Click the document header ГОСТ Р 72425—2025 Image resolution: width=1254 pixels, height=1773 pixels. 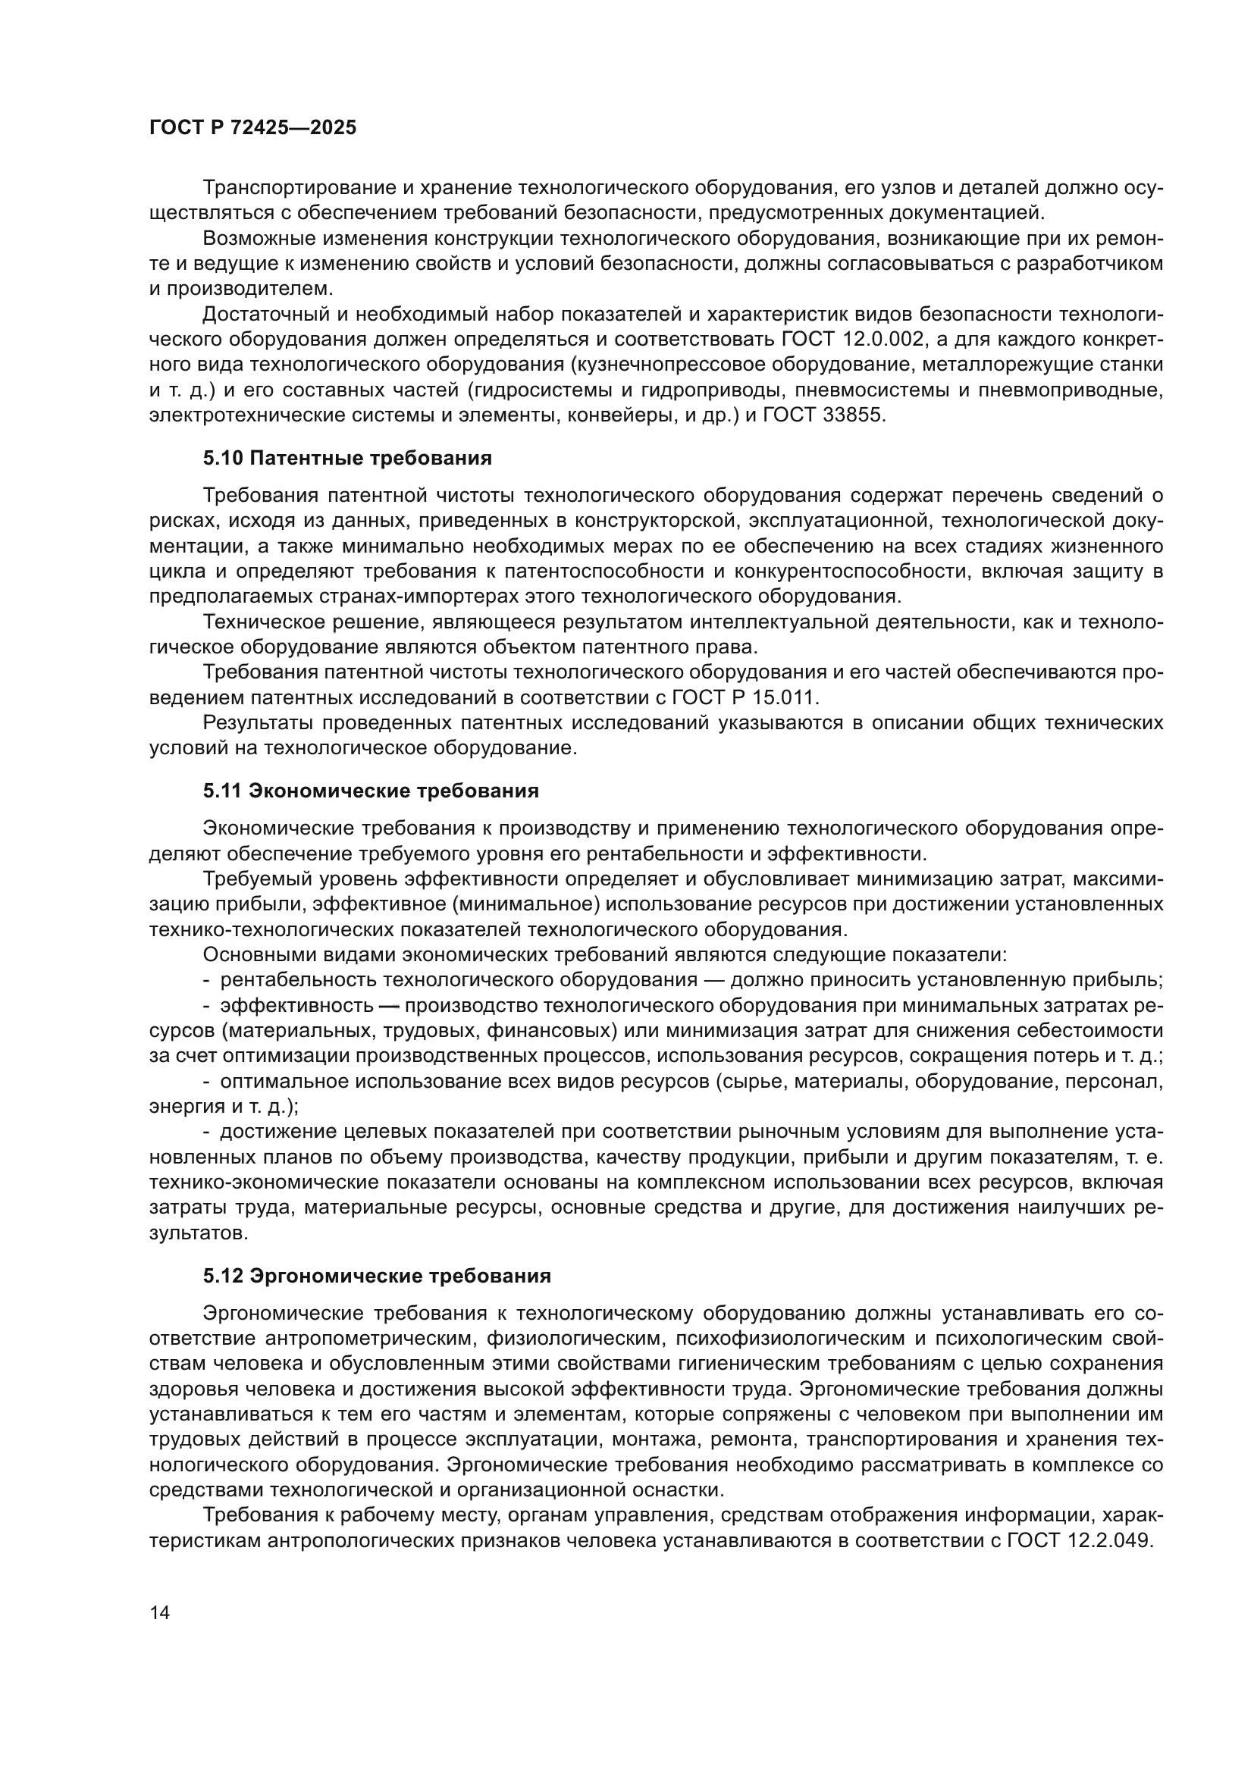[x=252, y=128]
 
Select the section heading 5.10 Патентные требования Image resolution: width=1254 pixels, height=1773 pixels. [x=347, y=459]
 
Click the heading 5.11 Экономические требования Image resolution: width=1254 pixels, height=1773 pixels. [x=371, y=791]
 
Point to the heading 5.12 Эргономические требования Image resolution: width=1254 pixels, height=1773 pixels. [x=377, y=1276]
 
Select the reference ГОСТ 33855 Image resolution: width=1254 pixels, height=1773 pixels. [x=825, y=415]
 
